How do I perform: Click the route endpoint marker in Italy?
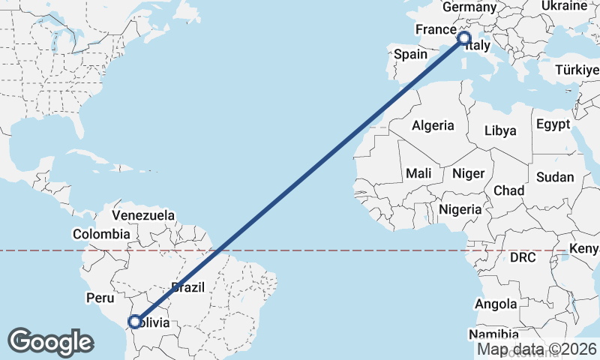pos(463,37)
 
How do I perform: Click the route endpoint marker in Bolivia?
pos(134,322)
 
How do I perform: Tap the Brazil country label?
pos(187,286)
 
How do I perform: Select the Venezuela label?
pos(143,215)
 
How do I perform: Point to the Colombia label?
pos(101,233)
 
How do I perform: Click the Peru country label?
pos(100,298)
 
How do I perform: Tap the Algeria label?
pos(433,125)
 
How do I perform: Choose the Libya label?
pos(500,130)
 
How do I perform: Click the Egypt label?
pos(553,124)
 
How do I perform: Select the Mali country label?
pos(418,173)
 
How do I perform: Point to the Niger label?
pos(469,173)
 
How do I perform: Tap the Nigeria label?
pos(460,209)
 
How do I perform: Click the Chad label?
pos(508,190)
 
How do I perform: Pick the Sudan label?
pos(554,178)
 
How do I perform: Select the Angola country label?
pos(496,304)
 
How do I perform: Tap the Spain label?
pos(410,54)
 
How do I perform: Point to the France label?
pos(436,30)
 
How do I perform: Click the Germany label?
pos(469,7)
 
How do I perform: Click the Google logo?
pos(50,342)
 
